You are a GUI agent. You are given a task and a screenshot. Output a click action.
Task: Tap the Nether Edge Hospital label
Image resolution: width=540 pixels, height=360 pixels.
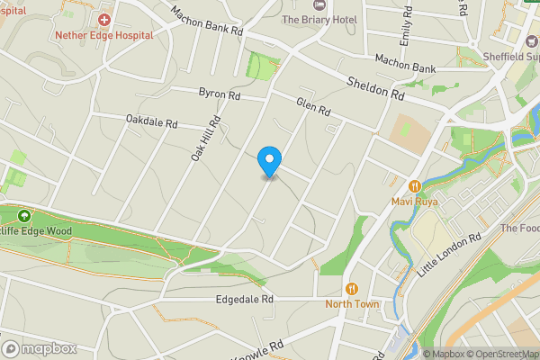[x=104, y=35]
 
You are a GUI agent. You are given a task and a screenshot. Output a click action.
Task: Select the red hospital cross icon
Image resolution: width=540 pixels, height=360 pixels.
[x=104, y=19]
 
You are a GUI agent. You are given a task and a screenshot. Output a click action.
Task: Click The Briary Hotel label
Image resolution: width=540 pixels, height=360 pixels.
[x=319, y=19]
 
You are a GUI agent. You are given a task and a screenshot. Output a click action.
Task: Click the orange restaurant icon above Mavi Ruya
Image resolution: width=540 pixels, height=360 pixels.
[x=414, y=185]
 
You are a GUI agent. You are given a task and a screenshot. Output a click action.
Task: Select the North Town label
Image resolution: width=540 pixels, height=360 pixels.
[x=352, y=304]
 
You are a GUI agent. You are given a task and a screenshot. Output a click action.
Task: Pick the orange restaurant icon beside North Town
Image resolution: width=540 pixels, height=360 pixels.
[x=352, y=288]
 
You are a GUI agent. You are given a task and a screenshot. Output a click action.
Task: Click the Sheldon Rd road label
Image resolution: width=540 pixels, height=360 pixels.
[x=376, y=88]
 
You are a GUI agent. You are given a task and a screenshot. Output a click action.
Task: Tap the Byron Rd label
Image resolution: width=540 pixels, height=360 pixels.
[x=220, y=94]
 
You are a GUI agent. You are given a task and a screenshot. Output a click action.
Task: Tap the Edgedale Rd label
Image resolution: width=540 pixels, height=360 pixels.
[x=244, y=299]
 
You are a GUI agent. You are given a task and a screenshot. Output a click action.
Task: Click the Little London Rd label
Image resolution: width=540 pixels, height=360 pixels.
[x=446, y=256]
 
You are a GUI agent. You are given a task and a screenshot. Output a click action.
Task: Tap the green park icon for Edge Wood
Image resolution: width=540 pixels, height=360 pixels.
[x=22, y=216]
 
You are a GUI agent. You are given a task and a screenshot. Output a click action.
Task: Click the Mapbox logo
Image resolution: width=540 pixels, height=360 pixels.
[x=38, y=348]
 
